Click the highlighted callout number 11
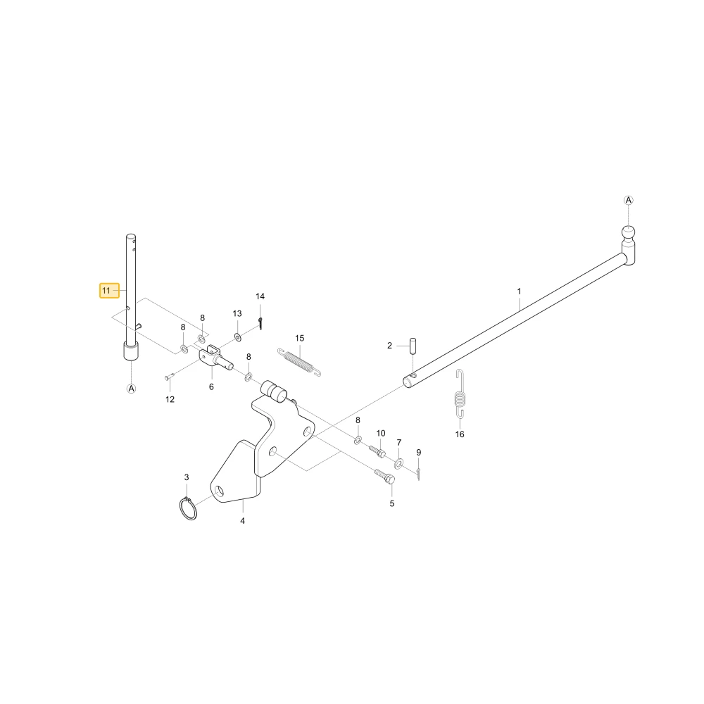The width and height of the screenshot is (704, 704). point(106,291)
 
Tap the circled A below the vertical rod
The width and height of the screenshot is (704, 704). point(131,389)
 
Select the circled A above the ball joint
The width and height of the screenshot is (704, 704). point(629,200)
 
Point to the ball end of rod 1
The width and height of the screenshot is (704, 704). point(628,232)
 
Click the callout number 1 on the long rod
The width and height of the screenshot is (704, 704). point(519,291)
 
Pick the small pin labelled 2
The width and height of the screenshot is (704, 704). point(413,346)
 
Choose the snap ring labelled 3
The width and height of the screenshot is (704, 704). point(188,509)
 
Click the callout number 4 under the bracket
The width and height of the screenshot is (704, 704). point(242,521)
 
